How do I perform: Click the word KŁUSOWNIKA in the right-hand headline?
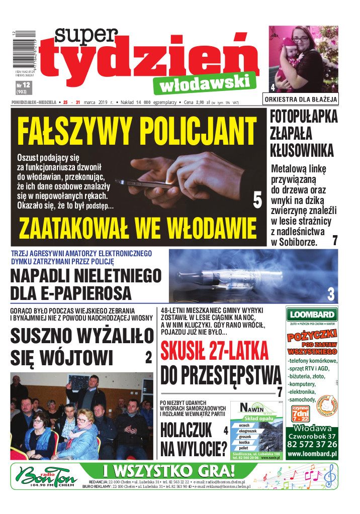click(302, 150)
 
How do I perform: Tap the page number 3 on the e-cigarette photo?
click(330, 293)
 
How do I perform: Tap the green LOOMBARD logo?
click(311, 315)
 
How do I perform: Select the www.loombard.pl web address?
click(312, 454)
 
